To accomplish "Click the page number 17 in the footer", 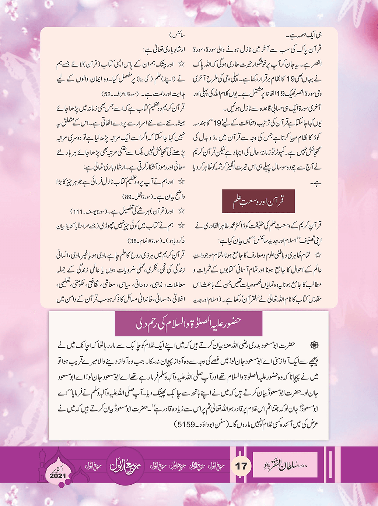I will click(241, 466).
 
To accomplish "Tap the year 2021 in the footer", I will click(58, 476).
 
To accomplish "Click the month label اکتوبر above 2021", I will click(58, 469).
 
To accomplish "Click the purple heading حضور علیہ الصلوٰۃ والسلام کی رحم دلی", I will click(189, 324).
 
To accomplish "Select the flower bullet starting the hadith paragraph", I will click(314, 345).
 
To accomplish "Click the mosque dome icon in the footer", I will click(46, 465).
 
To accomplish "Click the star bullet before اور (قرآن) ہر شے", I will click(181, 211).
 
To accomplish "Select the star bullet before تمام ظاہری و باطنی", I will click(318, 255).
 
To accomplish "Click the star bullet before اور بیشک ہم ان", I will click(181, 64).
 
